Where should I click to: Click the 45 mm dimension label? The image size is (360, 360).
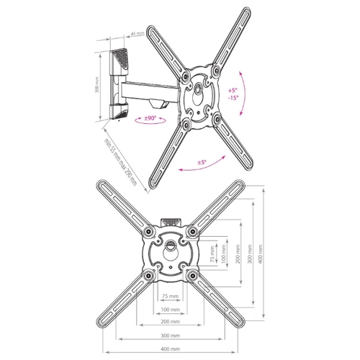coord(138,34)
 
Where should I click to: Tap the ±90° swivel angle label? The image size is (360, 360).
coord(150,118)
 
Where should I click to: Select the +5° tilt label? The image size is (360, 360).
coord(233,91)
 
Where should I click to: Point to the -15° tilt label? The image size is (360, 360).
coord(233,98)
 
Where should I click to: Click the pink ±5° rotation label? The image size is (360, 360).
coord(202,163)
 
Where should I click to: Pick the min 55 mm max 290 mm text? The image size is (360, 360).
coord(120,162)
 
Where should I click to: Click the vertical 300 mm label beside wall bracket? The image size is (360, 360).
coord(97,85)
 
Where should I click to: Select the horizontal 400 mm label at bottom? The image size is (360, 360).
coord(170,349)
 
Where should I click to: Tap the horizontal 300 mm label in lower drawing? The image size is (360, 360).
coord(170,336)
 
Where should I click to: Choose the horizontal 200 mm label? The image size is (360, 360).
coord(170,322)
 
